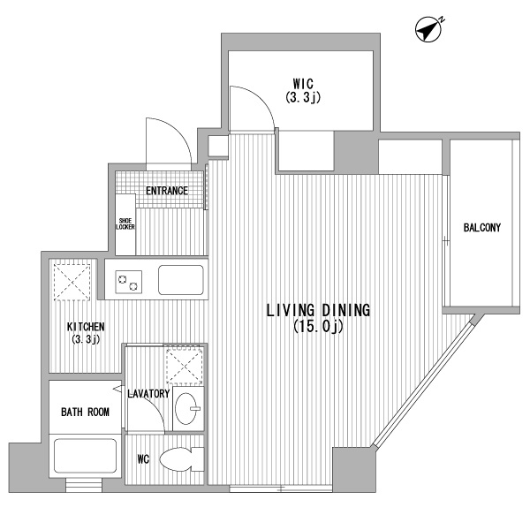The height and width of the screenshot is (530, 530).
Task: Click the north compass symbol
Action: pos(428,29)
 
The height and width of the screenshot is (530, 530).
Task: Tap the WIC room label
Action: pos(303,83)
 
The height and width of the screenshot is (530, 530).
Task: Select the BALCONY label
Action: pos(482,228)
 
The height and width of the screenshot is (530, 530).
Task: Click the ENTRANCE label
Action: pos(167,191)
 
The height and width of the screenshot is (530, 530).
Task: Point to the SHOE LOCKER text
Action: pos(125,223)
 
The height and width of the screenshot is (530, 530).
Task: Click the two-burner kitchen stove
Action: pos(129,282)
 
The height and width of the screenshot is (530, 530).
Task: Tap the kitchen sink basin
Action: pos(181,280)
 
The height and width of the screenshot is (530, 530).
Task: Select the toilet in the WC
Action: pos(182,459)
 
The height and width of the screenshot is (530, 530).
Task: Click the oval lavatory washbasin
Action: pos(187,408)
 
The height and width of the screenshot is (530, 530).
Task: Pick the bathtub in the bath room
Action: pos(85,456)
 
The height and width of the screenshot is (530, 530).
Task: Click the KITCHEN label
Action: pos(86,327)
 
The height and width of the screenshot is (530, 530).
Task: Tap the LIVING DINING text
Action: pos(318,310)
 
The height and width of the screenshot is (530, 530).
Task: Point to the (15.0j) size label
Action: pos(318,327)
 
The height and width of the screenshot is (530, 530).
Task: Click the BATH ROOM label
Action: pos(85,412)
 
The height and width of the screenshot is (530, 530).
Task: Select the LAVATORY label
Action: pos(148,393)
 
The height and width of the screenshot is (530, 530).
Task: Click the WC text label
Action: pos(143,459)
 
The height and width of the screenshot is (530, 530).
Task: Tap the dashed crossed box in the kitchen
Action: pos(72,282)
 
